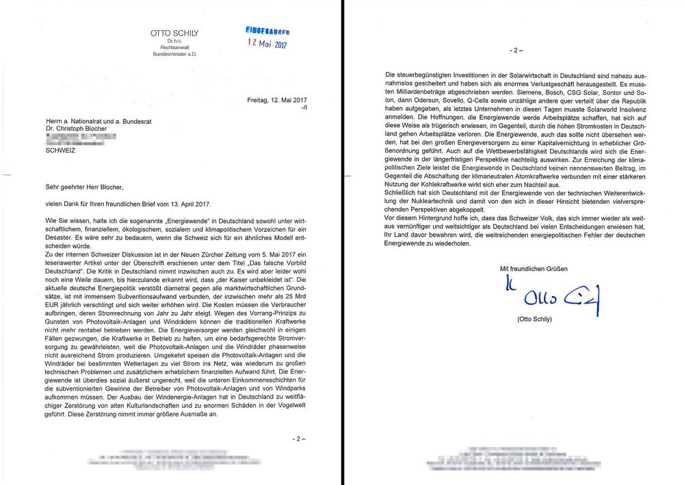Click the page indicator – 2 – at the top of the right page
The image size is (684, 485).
pyautogui.click(x=516, y=51)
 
